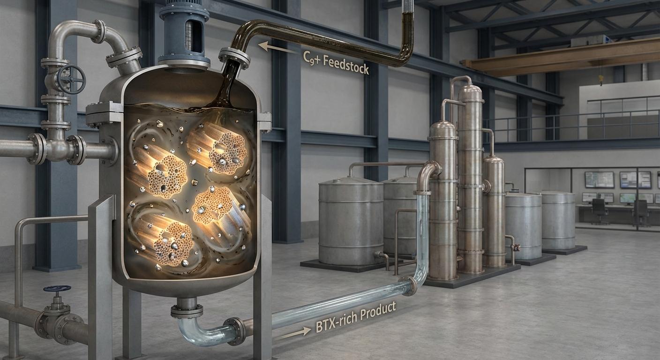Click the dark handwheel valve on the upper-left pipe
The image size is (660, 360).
tap(71, 79)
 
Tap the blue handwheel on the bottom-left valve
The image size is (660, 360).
tap(57, 288)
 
